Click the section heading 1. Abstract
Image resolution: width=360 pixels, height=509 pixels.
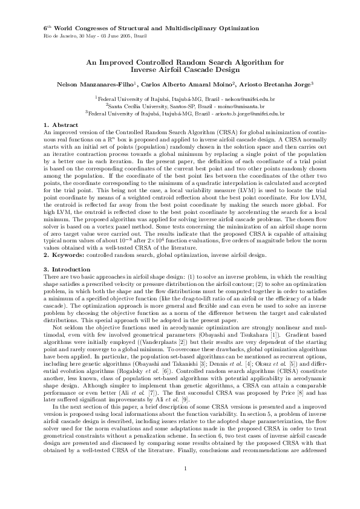57,124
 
